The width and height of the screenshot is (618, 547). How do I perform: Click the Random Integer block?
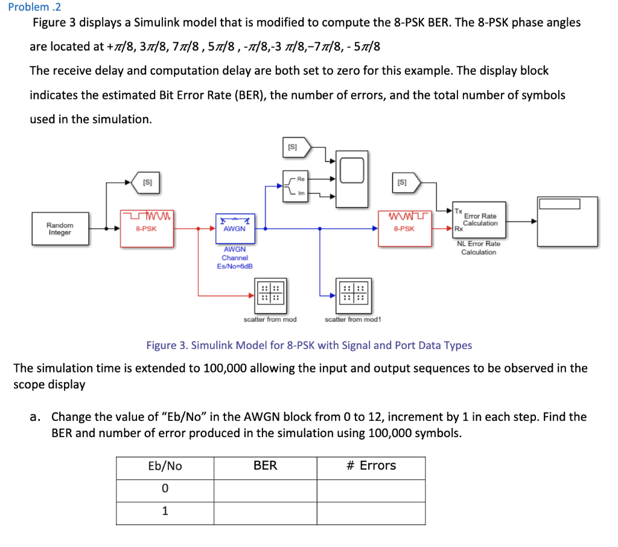pyautogui.click(x=60, y=229)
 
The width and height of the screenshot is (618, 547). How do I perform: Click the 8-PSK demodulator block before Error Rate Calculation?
pyautogui.click(x=404, y=228)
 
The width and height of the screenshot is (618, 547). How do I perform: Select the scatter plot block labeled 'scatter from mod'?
pyautogui.click(x=270, y=293)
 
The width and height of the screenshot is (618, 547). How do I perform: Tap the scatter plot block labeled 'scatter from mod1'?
pyautogui.click(x=354, y=293)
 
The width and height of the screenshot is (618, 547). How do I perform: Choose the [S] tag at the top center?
pyautogui.click(x=296, y=147)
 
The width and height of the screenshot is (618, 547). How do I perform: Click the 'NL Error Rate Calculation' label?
pyautogui.click(x=478, y=248)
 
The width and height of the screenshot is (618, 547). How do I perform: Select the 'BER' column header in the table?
pyautogui.click(x=265, y=465)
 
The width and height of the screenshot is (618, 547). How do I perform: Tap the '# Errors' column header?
pyautogui.click(x=371, y=465)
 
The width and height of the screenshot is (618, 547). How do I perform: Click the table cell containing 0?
pyautogui.click(x=165, y=488)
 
